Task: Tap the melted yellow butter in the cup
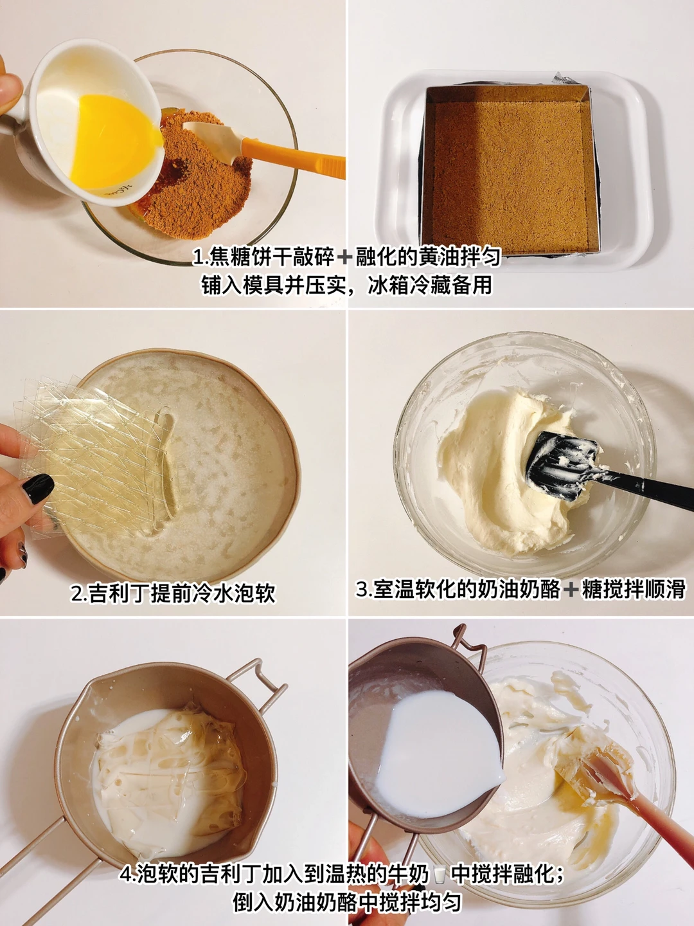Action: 113,142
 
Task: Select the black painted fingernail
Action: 38,488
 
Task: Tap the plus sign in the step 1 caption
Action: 344,257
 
